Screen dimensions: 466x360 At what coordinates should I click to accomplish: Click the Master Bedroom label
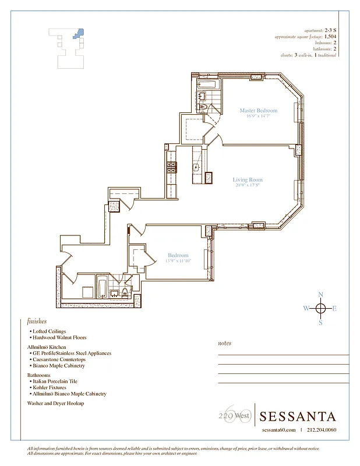tap(258, 110)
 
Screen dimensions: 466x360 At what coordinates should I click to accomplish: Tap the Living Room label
tap(248, 180)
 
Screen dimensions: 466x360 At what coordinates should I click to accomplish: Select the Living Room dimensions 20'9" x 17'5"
tap(248, 186)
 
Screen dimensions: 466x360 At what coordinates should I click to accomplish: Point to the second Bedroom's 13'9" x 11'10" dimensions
tap(178, 261)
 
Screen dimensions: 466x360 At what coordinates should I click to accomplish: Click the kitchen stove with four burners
tap(172, 168)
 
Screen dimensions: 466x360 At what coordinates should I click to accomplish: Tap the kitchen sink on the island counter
tap(197, 167)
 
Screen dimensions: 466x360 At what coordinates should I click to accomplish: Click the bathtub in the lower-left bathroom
tap(102, 288)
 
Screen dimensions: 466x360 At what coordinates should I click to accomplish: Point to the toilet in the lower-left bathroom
tap(125, 292)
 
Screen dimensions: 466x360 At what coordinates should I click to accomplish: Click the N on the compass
tap(320, 295)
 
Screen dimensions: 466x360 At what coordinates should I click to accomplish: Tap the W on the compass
tap(306, 309)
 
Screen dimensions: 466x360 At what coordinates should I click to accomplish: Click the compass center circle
tap(320, 309)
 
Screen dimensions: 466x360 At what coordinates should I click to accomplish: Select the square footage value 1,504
tap(330, 36)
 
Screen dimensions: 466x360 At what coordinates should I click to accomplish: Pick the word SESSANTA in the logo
tap(298, 416)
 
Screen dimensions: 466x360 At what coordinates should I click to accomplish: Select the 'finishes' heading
tap(37, 321)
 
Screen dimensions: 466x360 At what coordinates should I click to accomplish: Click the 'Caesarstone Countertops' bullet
tap(59, 359)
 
